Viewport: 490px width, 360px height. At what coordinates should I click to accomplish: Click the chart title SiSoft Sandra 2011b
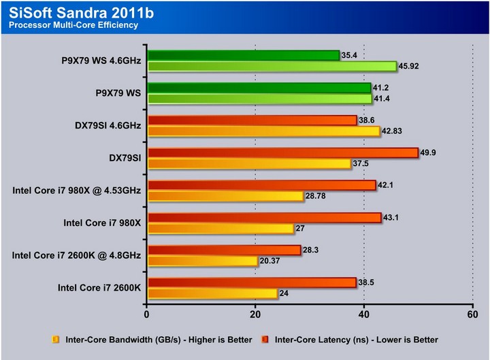coord(81,13)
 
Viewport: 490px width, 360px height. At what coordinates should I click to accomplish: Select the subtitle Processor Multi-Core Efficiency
coord(73,25)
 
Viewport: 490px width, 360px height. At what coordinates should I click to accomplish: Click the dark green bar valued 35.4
coord(244,56)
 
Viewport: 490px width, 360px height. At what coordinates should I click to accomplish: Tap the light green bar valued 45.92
coord(272,67)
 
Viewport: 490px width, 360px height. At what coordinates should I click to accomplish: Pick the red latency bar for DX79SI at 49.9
coord(283,153)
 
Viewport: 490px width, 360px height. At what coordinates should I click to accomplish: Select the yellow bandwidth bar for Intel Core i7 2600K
coord(212,294)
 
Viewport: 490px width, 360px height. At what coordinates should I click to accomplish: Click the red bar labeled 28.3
coord(224,250)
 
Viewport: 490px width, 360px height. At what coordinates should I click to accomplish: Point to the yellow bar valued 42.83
coord(264,131)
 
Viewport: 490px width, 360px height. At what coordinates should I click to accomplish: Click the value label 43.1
coord(391,217)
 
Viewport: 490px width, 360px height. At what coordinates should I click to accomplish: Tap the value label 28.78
coord(315,196)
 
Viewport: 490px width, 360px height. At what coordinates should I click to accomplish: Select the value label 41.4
coord(382,99)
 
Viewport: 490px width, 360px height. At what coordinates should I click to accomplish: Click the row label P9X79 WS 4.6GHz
coord(101,61)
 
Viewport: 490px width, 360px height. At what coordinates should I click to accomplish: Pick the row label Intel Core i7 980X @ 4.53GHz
coord(76,191)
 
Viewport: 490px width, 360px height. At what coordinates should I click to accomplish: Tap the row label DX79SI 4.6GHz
coord(108,126)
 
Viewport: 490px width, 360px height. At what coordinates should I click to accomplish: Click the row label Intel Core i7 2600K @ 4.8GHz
coord(76,255)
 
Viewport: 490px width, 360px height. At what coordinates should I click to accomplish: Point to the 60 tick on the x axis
coord(473,314)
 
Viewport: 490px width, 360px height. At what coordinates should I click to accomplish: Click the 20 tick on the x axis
coord(255,314)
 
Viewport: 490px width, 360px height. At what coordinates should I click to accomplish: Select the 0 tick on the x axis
coord(146,314)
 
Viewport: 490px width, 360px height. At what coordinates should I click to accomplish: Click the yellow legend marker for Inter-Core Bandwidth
coord(56,340)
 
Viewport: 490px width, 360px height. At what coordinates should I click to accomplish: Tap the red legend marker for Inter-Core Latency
coord(265,340)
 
